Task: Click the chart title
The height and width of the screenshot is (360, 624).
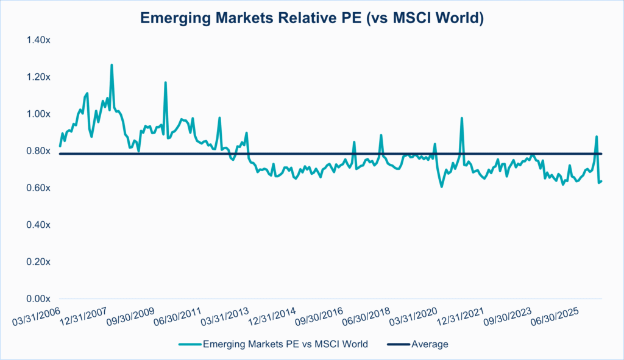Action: tap(311, 18)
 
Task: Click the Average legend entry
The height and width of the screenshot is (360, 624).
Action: tap(430, 344)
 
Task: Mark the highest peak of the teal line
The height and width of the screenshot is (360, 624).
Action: tap(112, 65)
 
